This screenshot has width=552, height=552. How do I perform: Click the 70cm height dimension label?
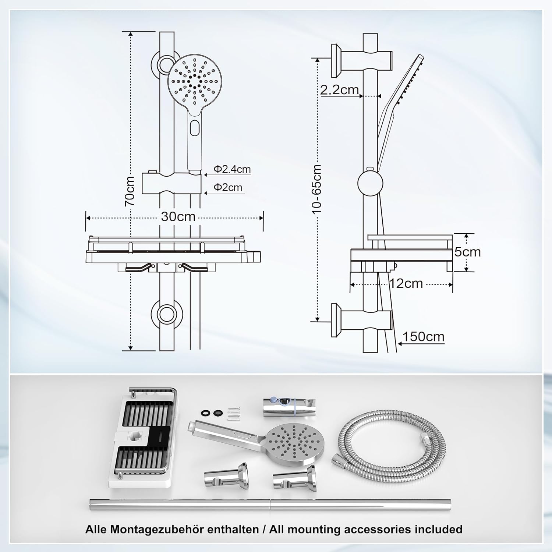(130, 191)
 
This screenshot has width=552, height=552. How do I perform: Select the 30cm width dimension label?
(178, 216)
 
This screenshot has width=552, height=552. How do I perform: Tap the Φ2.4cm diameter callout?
(232, 169)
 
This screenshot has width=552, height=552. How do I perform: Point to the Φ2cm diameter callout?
(228, 187)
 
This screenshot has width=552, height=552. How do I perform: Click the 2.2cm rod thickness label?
(339, 90)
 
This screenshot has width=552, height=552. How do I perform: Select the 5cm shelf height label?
(467, 252)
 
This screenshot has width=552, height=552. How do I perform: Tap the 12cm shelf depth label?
(406, 284)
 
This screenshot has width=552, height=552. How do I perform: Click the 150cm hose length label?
(423, 337)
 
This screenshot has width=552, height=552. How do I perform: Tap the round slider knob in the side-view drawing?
(370, 183)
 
